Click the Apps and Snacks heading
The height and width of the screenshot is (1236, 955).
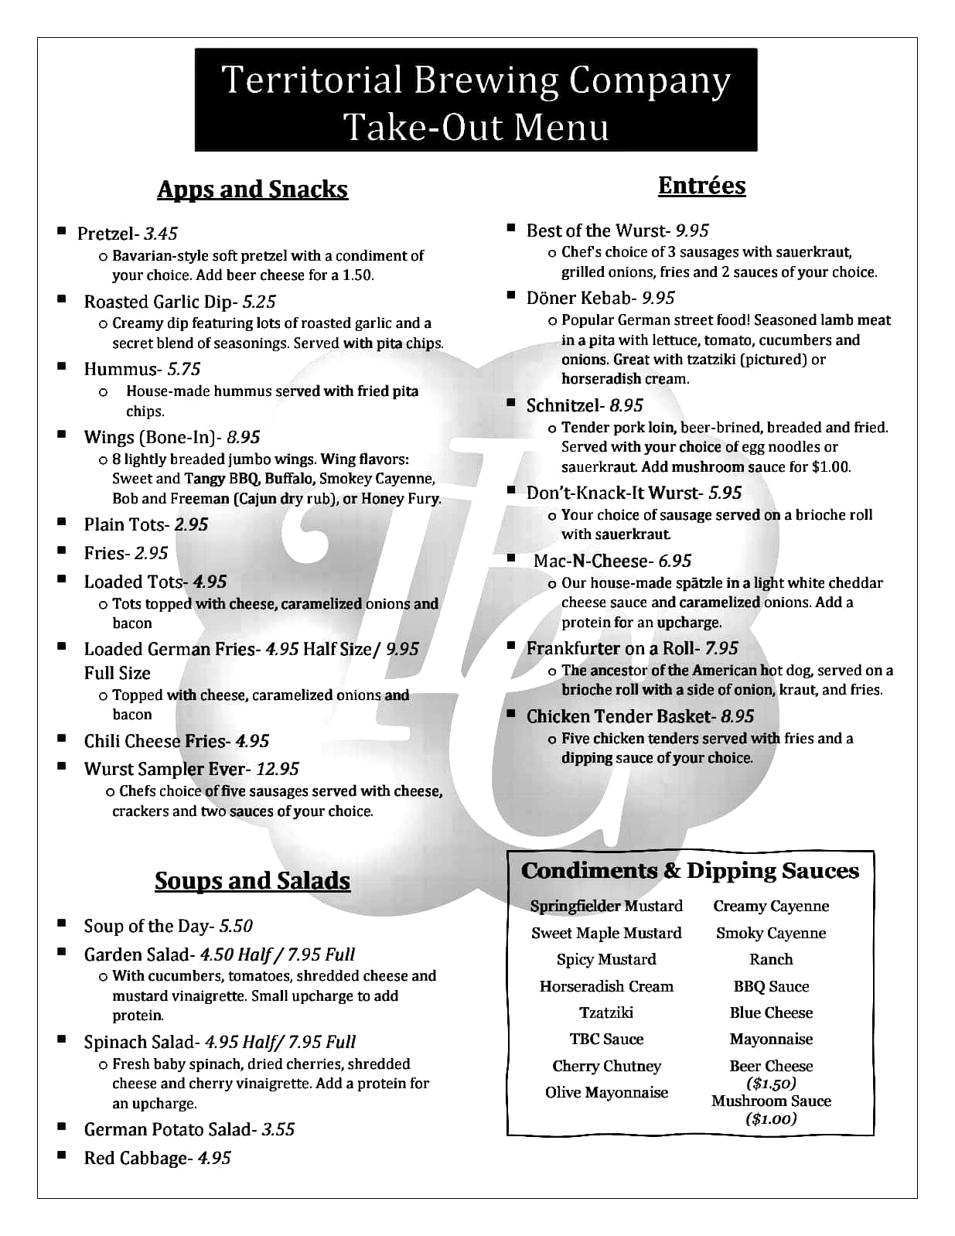pos(252,189)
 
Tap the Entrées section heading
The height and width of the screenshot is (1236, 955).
pos(701,186)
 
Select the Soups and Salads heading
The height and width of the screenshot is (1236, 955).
pos(252,880)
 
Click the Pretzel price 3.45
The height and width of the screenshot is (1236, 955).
pos(161,234)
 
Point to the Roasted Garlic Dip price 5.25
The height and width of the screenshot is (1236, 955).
pos(259,302)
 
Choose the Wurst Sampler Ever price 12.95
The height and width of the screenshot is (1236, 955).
pos(278,769)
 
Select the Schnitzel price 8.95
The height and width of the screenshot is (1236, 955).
pos(626,405)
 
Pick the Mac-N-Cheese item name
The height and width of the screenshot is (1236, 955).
pos(590,561)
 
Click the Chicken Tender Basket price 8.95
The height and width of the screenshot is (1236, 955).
pos(737,716)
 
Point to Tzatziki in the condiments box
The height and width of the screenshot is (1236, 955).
pos(606,1012)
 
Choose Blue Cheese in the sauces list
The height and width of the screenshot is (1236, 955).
pos(771,1012)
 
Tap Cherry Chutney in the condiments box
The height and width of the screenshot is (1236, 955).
pos(606,1066)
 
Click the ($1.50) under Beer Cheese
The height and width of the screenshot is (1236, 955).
pos(771,1084)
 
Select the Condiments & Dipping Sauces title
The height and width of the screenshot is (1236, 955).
pos(690,871)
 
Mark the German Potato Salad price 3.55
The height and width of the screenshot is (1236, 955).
pos(278,1129)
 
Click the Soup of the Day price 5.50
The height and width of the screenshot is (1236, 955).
pos(236,926)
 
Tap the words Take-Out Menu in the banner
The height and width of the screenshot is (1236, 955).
pos(476,126)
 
